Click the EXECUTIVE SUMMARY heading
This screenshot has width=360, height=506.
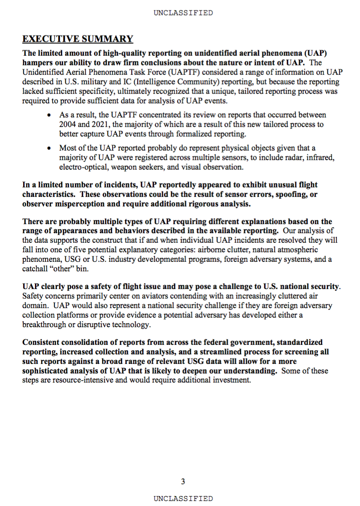[78, 39]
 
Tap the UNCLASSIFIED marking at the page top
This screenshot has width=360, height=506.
[183, 13]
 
